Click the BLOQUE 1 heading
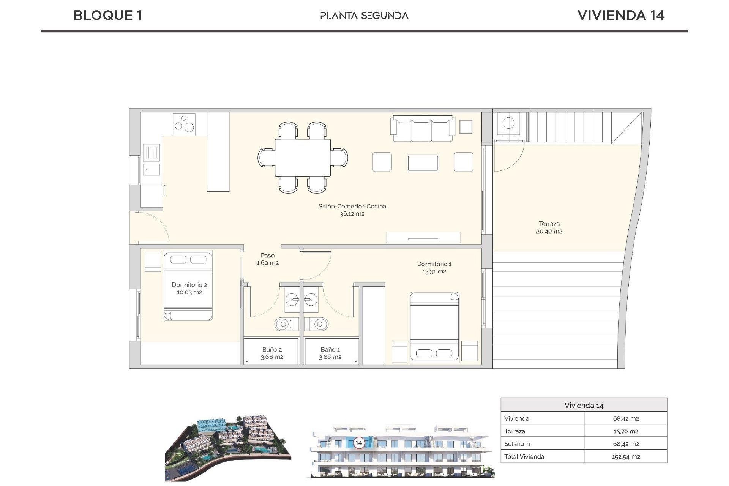coord(108,16)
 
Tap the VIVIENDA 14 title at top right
coord(621,16)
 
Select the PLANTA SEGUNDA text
coord(364,16)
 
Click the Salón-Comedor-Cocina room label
coord(352,207)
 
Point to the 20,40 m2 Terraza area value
coord(549,231)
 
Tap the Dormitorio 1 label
coord(434,264)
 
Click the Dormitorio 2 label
coord(189,285)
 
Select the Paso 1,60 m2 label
coord(268,259)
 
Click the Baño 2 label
coord(272,350)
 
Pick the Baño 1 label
coord(330,350)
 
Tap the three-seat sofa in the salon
coord(423,129)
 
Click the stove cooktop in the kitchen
coord(184,124)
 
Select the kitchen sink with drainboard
coord(151,159)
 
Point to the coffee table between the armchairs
coord(423,163)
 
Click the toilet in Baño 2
coord(283,324)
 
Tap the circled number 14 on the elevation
coord(358,443)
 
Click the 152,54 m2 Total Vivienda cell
coord(625,457)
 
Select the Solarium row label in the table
coord(517,444)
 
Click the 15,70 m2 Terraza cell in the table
coord(625,431)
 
